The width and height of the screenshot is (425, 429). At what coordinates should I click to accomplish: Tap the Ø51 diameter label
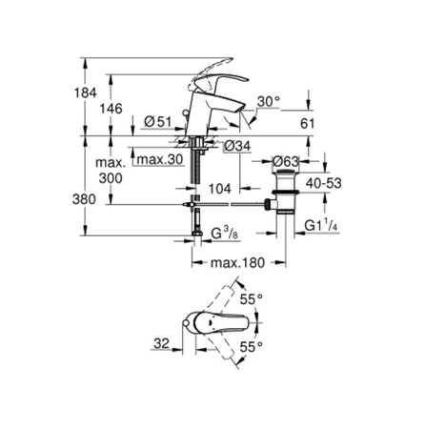(x=158, y=122)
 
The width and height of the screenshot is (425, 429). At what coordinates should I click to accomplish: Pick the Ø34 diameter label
(x=236, y=146)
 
